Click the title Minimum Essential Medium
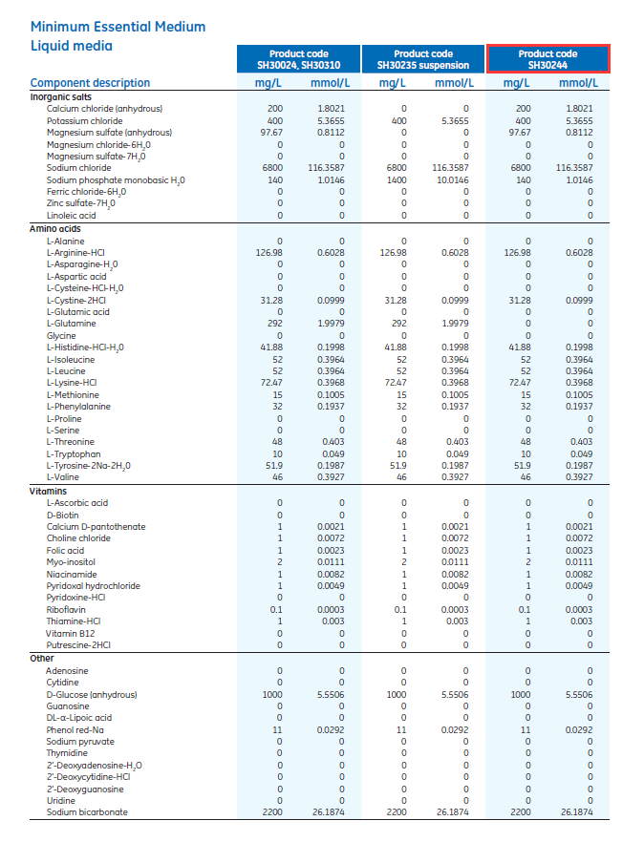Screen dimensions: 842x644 point(118,27)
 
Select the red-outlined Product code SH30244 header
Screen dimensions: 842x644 point(547,60)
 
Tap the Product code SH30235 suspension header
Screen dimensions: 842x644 point(423,60)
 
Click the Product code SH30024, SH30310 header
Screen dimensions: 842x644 point(299,60)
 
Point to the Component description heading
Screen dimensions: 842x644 point(90,83)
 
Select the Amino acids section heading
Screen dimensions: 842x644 point(55,229)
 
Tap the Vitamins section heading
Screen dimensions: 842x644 point(49,491)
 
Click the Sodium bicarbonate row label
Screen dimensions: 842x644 point(87,812)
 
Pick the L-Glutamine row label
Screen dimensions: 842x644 point(71,324)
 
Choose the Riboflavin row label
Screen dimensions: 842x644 point(66,610)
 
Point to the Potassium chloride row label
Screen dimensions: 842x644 point(84,121)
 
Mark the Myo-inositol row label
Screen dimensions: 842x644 point(70,562)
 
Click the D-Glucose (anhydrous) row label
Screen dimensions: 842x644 point(91,694)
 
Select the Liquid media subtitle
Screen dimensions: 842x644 point(71,46)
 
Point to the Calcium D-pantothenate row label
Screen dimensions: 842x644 point(96,526)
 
